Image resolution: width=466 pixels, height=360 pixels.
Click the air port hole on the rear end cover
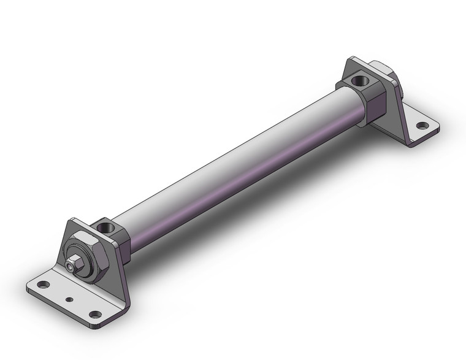point(357,80)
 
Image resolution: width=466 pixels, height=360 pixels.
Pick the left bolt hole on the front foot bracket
point(42,285)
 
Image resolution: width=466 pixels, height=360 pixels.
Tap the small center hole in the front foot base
point(69,300)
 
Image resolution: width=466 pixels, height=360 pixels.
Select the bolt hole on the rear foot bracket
point(422,126)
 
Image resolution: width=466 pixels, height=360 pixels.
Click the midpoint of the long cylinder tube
point(239,166)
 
